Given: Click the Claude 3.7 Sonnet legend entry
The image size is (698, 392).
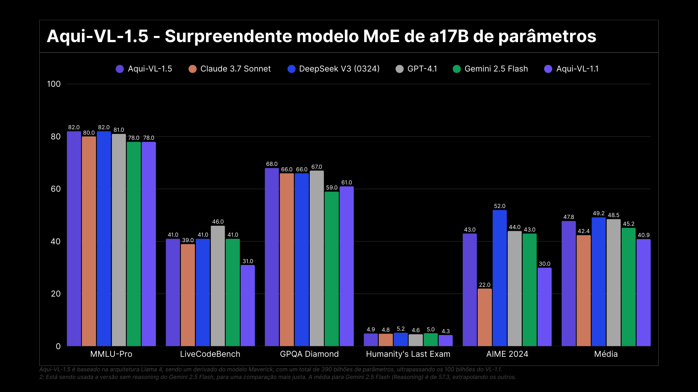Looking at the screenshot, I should point(230,69).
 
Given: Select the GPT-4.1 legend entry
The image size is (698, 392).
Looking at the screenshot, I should point(417,69).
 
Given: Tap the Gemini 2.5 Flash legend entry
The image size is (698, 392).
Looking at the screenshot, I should point(490,69).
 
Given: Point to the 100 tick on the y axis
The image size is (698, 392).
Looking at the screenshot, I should point(54,84).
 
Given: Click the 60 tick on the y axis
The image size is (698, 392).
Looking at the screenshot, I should point(56,189).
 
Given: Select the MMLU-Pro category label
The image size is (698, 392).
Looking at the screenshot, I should point(111,354).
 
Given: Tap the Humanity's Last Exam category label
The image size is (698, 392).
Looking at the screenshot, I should point(408,354).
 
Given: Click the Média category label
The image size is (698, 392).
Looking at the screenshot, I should point(606,354).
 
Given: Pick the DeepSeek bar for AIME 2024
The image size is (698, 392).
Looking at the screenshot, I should point(500,278).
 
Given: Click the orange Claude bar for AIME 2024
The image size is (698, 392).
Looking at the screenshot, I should point(485,317).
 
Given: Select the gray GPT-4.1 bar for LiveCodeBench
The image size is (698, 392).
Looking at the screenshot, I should point(218,286).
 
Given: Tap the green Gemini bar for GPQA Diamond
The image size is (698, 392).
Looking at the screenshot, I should point(332,269).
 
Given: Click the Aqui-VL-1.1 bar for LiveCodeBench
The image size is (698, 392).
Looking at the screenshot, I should point(248,306).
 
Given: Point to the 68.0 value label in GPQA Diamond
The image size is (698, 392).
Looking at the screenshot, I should point(272,164).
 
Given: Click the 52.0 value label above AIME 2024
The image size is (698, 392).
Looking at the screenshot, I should point(500,206).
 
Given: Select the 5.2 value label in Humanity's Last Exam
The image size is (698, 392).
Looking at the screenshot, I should point(401,329).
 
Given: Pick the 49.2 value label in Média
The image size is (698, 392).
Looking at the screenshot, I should point(598,213).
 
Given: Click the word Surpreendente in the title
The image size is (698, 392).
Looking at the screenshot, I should point(228,36).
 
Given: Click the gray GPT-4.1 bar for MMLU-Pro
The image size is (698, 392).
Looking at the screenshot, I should point(119,240).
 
